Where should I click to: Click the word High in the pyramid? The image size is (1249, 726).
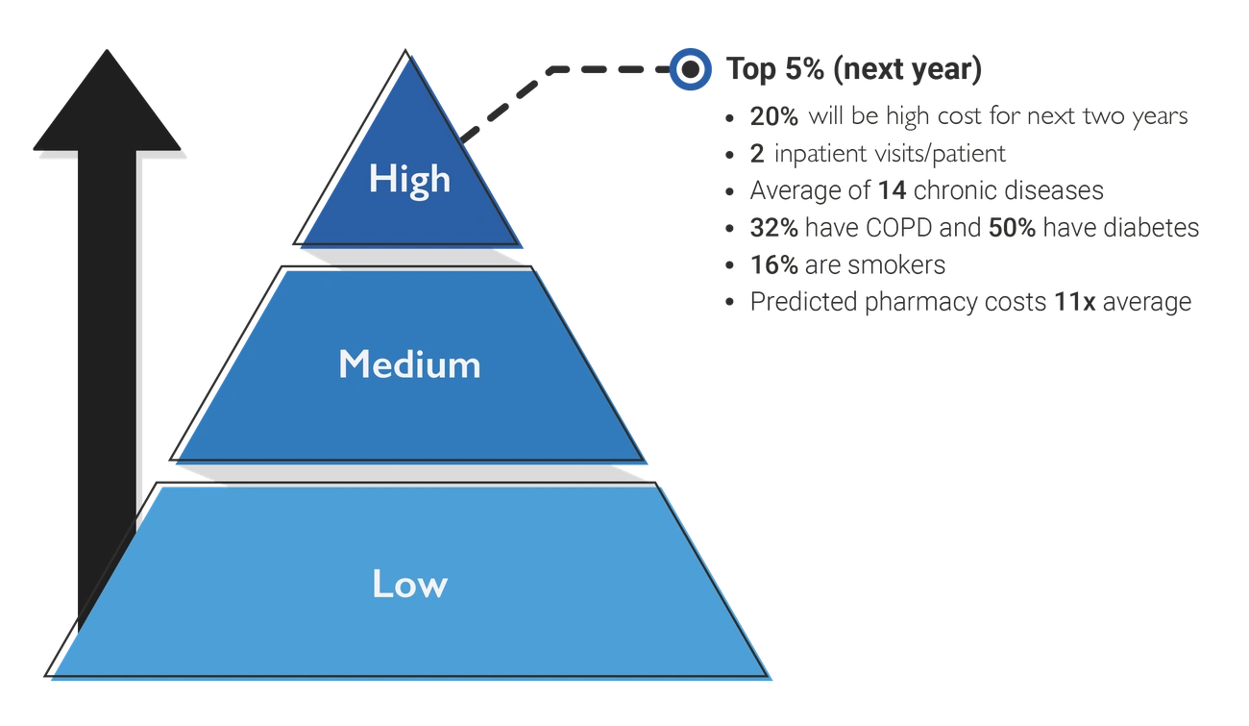click(x=409, y=179)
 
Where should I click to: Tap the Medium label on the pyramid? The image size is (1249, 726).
click(x=409, y=364)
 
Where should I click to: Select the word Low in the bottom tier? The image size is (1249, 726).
click(x=409, y=584)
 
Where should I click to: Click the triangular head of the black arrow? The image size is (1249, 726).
click(x=107, y=106)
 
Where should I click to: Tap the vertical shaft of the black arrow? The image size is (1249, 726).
click(x=107, y=385)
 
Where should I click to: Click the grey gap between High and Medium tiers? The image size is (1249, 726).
click(x=411, y=257)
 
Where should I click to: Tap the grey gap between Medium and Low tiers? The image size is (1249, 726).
click(x=411, y=471)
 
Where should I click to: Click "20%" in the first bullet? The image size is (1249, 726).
click(x=768, y=117)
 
